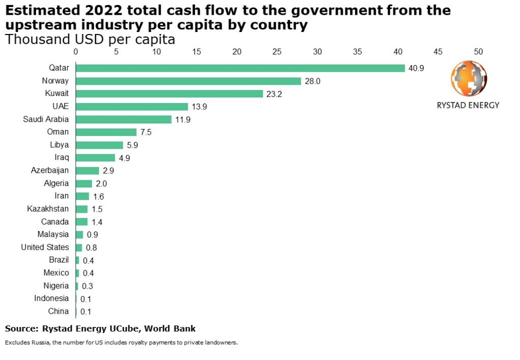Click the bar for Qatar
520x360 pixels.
point(240,68)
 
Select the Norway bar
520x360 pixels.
point(188,81)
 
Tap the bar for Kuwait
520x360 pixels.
point(169,93)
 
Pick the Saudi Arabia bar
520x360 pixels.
point(123,119)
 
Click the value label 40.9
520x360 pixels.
point(415,68)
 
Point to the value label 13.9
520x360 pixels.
point(199,107)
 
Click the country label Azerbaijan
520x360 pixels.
point(50,171)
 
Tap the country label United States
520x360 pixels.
point(45,247)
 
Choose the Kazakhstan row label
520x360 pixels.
point(48,209)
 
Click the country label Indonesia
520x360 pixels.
point(51,299)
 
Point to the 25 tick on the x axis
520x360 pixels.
point(277,52)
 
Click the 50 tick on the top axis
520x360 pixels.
point(478,52)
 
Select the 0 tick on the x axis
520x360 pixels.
point(76,52)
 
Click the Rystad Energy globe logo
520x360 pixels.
point(468,79)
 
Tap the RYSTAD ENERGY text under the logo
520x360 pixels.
point(468,105)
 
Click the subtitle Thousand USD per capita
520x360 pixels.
point(90,40)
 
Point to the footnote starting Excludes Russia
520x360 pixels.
point(121,343)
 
